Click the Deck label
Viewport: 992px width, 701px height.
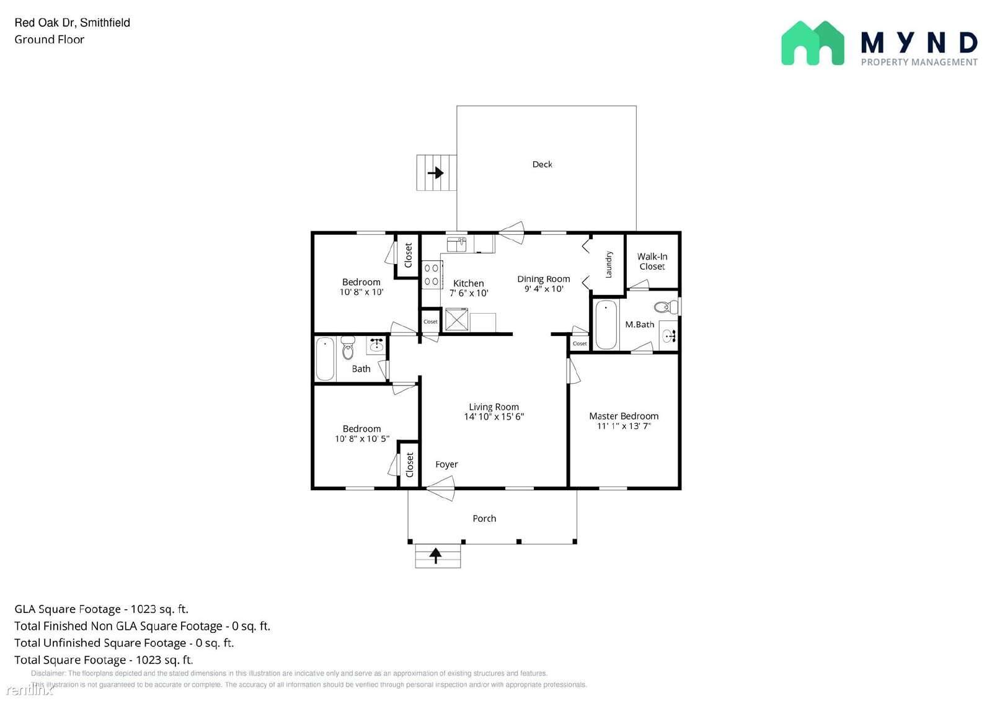(542, 164)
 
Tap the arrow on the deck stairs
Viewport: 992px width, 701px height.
(436, 173)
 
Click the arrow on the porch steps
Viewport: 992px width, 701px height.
(436, 555)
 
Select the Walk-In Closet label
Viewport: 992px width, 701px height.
(652, 262)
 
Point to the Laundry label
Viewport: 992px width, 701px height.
(609, 265)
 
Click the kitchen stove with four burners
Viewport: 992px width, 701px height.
(432, 275)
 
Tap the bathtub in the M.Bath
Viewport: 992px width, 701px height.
(606, 325)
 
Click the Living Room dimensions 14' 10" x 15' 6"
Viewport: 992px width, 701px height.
(494, 417)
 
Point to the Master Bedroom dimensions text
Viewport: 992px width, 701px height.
(623, 426)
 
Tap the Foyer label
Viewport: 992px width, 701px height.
(446, 464)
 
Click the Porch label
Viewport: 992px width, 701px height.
(484, 518)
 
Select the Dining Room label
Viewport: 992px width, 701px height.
(543, 279)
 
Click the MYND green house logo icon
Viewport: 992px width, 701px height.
(812, 43)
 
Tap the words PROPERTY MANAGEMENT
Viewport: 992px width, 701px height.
(919, 62)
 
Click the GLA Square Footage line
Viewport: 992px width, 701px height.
(102, 609)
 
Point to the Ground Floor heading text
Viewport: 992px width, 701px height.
(50, 39)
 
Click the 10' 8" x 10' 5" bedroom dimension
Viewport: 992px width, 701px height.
(361, 439)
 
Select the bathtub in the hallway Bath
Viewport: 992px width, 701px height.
(325, 359)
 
